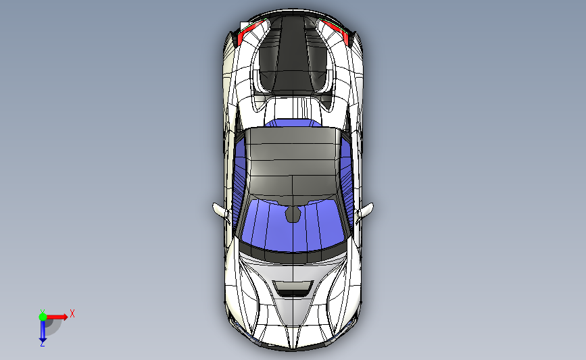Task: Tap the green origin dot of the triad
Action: (x=43, y=316)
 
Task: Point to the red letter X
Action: (x=72, y=313)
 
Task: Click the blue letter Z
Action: (x=43, y=344)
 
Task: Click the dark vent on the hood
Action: (x=293, y=290)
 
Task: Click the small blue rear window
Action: (x=292, y=123)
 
